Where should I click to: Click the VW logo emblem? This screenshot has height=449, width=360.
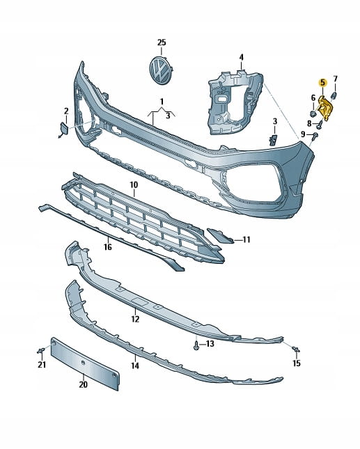[161, 70]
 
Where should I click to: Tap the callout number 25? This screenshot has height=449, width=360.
[162, 42]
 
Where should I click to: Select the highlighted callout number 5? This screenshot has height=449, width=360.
[323, 83]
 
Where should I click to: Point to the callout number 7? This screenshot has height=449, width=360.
[336, 79]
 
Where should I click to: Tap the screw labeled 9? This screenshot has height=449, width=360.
[315, 135]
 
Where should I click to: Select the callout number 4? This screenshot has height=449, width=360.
[242, 57]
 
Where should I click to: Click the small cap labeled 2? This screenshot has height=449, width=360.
[63, 129]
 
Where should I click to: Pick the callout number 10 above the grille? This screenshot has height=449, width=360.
[134, 185]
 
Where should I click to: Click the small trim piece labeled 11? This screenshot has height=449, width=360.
[220, 235]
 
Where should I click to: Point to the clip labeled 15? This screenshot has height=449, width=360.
[295, 349]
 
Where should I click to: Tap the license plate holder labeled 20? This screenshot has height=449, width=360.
[85, 363]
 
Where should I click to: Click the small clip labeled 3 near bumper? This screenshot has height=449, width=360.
[273, 140]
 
